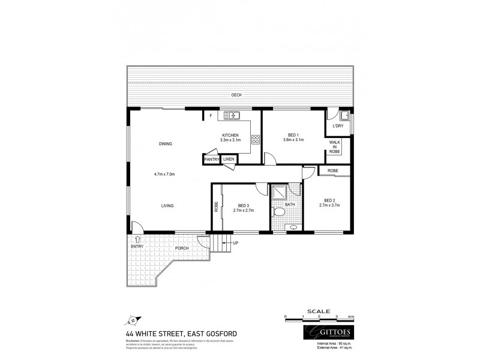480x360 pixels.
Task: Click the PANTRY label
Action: (212, 160)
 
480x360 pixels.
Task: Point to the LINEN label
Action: (229, 160)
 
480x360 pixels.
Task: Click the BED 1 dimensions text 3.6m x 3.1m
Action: (293, 140)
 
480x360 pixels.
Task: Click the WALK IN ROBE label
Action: (335, 148)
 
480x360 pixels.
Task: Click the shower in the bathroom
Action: (278, 193)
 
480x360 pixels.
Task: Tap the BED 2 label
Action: (329, 200)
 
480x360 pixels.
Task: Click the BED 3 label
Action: (244, 205)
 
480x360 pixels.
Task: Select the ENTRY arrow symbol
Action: (138, 239)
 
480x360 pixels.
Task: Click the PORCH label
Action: (182, 248)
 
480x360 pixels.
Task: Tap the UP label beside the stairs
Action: (235, 243)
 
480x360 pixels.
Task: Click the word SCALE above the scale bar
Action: (319, 311)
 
